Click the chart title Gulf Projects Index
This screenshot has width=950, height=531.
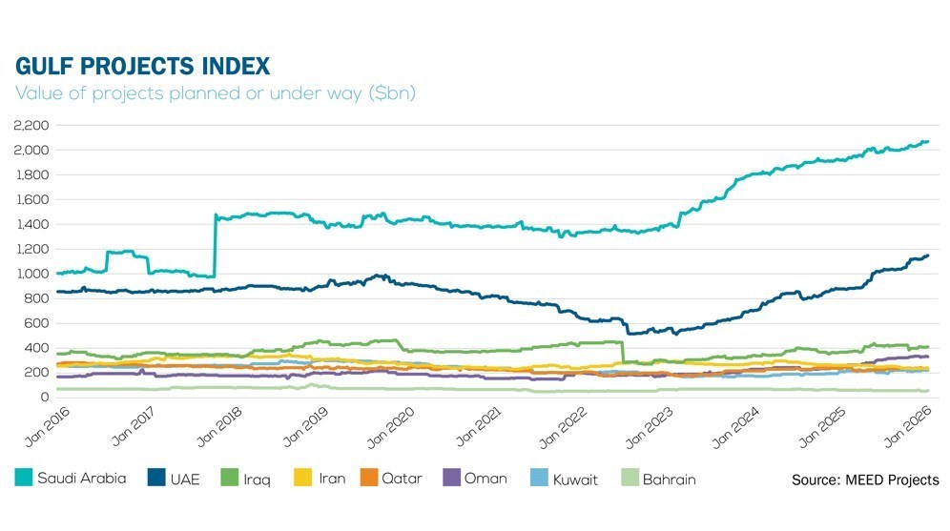pyautogui.click(x=142, y=66)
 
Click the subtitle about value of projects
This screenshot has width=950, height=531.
pyautogui.click(x=215, y=93)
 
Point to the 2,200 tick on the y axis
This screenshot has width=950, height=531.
pyautogui.click(x=31, y=126)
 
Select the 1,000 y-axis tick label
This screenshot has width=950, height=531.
pyautogui.click(x=31, y=274)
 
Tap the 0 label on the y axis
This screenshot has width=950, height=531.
pyautogui.click(x=44, y=398)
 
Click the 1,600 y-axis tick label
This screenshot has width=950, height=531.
pyautogui.click(x=31, y=199)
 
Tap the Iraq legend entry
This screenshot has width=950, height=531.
pyautogui.click(x=257, y=480)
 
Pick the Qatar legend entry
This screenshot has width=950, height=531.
pyautogui.click(x=402, y=480)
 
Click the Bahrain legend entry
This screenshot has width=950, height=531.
pyautogui.click(x=669, y=480)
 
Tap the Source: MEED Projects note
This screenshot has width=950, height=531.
pyautogui.click(x=864, y=480)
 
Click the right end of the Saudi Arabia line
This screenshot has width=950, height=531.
pyautogui.click(x=927, y=142)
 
